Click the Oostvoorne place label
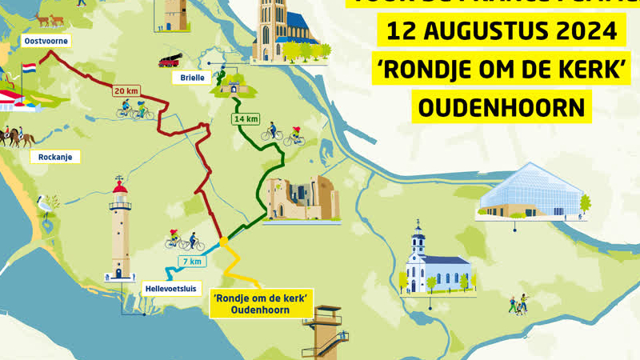pos(46,40)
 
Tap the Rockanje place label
pos(55,157)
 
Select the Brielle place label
pos(190,78)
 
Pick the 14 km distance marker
pos(246,119)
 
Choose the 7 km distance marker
pos(192,262)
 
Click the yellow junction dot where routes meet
pos(224,241)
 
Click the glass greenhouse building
pos(532,192)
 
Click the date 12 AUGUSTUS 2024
pos(502,33)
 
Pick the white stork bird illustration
pos(47,206)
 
